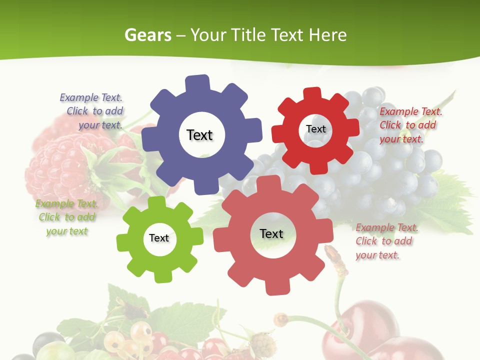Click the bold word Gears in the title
(x=148, y=35)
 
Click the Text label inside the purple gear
(x=199, y=135)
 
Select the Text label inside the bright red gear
(x=315, y=129)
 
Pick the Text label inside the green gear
(x=159, y=238)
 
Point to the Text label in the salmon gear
(x=271, y=233)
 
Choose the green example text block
(x=66, y=217)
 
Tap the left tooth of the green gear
(x=123, y=243)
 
